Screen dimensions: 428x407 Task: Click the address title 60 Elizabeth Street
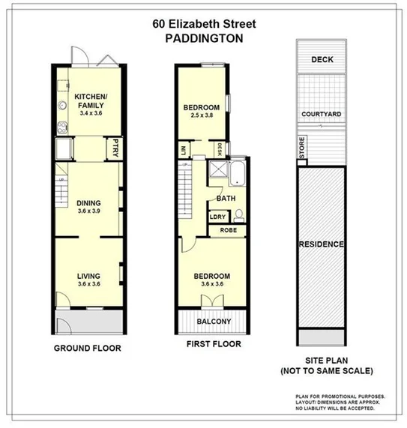click(x=203, y=22)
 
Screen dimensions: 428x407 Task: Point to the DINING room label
click(x=88, y=203)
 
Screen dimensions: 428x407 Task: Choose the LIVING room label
click(x=88, y=276)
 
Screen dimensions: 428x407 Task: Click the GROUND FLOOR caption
click(x=88, y=348)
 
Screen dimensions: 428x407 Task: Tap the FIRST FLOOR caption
click(x=214, y=344)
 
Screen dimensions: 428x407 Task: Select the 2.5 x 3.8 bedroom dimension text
click(x=202, y=116)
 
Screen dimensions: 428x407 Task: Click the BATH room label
click(x=226, y=199)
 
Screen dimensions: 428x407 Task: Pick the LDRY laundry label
click(x=218, y=217)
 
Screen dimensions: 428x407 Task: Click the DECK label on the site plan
click(x=322, y=59)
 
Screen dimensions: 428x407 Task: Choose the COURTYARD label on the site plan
click(x=322, y=114)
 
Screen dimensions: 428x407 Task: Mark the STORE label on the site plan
click(x=301, y=146)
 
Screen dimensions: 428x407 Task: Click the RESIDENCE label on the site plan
click(x=322, y=244)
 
